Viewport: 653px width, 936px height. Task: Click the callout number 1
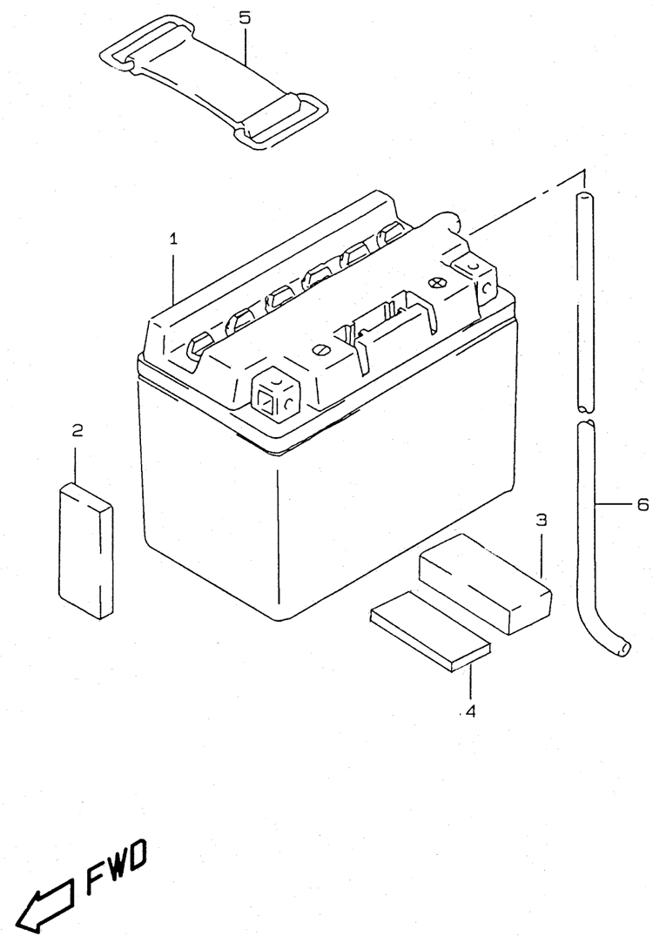173,238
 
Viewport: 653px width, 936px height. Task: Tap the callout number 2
77,430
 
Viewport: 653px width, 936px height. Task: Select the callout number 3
541,521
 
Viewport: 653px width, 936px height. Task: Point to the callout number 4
471,711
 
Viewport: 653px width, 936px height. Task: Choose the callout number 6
643,504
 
